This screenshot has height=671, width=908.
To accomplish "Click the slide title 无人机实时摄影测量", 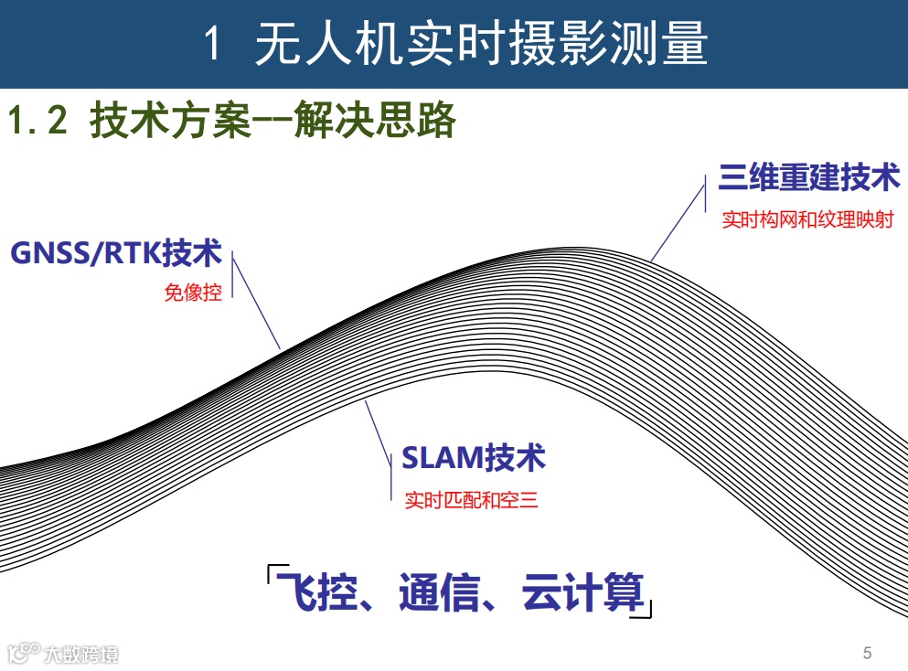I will coord(481,44).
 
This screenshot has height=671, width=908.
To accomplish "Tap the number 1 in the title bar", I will coord(212,45).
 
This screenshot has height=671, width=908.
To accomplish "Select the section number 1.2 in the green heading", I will coord(37,122).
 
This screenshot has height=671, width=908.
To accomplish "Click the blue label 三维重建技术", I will coord(809,177).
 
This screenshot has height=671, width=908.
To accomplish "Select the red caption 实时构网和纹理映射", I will coord(807,220).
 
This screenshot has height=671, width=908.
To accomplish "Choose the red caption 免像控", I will coord(193,293).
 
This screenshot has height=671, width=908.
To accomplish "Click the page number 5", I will coord(867,653).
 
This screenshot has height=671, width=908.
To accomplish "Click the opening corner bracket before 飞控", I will coord(272,575).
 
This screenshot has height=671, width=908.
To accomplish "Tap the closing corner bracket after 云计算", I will coord(646,611).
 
